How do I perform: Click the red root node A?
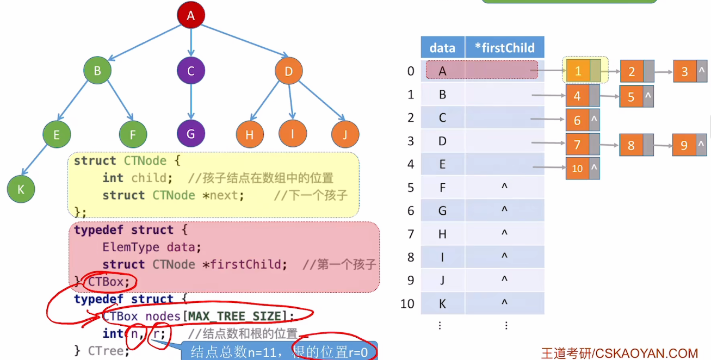190,16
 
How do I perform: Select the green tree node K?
21,189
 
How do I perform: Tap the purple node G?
190,134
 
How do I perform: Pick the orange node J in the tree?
345,134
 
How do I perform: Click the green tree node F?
133,134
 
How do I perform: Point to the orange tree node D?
289,71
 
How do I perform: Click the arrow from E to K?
38,162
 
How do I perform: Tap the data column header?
442,48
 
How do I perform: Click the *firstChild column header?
504,48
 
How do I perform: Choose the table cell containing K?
442,303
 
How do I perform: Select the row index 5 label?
410,188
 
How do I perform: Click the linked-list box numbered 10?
577,169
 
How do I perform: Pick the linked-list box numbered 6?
577,120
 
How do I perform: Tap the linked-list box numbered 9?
684,145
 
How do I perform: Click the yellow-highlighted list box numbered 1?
578,71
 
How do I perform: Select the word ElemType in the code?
131,247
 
